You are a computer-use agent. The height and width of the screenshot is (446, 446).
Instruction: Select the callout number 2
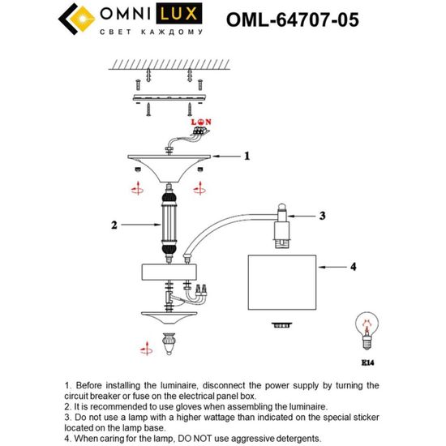(x=114, y=225)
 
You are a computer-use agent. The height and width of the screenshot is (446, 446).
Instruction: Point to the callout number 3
(x=321, y=216)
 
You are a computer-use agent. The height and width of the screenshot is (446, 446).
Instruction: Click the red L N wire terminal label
(x=201, y=121)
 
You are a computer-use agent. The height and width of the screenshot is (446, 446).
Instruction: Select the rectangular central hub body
(x=169, y=271)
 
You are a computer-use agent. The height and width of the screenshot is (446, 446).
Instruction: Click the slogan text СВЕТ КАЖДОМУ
(x=150, y=32)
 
